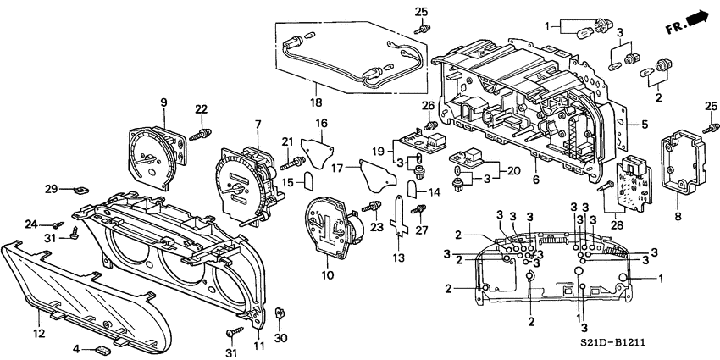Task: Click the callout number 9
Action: point(163,103)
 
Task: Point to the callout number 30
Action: point(281,338)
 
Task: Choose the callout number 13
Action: point(399,258)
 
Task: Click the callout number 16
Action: point(322,124)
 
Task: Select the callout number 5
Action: point(645,125)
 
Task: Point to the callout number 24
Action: point(31,224)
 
